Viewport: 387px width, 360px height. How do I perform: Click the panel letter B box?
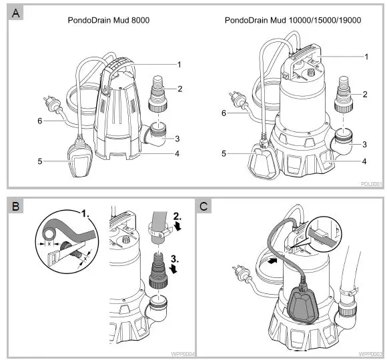(x=15, y=205)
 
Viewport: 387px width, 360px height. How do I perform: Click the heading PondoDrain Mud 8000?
(x=108, y=21)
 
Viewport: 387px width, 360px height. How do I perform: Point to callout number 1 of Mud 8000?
(x=179, y=64)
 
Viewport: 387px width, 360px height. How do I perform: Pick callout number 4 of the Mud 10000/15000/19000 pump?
(x=364, y=161)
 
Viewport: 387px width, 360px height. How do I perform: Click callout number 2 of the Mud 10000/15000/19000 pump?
(x=364, y=94)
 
